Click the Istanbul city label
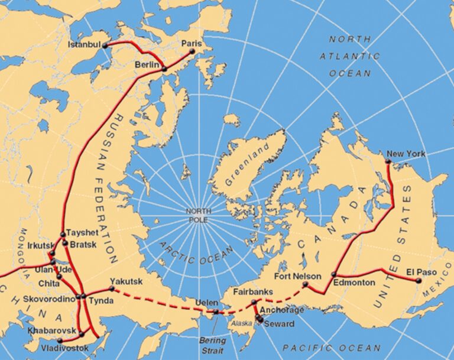(x=84, y=45)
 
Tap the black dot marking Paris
(x=192, y=51)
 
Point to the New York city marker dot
(x=388, y=161)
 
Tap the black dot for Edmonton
(x=334, y=274)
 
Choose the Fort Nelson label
(x=298, y=276)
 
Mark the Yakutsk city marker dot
(x=112, y=288)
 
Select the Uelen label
(x=206, y=303)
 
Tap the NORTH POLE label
(x=199, y=215)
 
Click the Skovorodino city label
(x=48, y=300)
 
